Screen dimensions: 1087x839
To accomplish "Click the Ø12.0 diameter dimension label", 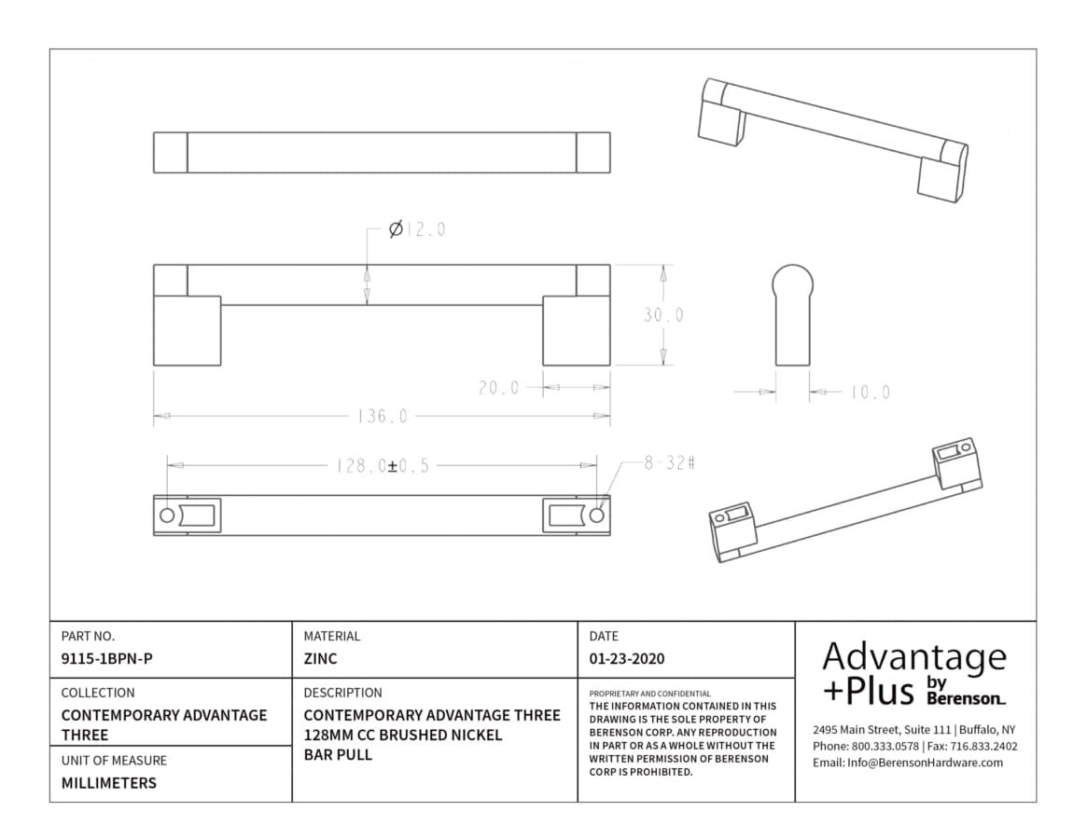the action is (417, 228).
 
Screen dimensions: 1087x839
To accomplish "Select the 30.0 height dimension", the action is (663, 315).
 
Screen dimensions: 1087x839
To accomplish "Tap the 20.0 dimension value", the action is (498, 387).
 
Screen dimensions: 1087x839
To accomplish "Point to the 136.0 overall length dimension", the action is (382, 417).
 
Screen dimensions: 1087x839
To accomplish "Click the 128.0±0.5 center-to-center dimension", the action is (382, 465).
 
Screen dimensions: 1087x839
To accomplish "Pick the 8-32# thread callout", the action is (669, 462).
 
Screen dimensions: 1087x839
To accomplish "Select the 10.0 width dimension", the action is (870, 392).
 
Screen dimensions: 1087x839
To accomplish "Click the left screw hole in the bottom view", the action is (167, 516).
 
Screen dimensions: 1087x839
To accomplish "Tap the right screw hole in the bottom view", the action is (597, 516).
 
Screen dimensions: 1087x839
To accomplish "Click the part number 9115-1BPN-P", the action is (106, 659).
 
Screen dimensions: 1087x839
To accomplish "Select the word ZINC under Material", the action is (320, 659).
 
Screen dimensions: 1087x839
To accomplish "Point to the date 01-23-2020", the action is (627, 659).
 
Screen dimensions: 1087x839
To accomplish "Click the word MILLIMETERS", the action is (109, 783).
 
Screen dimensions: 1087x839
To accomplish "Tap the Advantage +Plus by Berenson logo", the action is (914, 673).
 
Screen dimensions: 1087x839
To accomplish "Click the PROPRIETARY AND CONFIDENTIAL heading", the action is (649, 694).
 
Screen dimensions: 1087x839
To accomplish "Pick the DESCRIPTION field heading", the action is (342, 693).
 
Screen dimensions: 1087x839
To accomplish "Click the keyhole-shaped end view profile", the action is (792, 314).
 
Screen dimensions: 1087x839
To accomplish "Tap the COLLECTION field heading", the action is (98, 693).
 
